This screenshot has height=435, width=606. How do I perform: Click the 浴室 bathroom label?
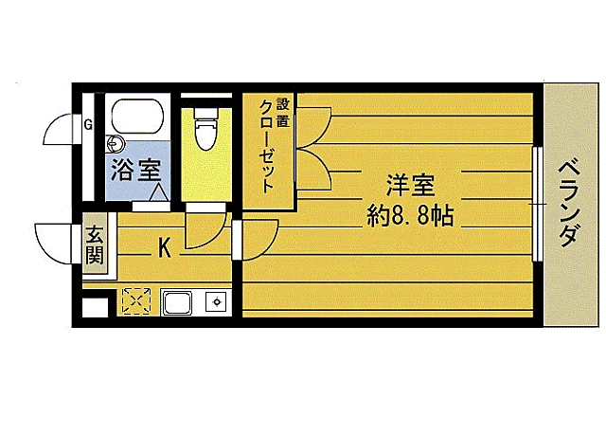pos(135,171)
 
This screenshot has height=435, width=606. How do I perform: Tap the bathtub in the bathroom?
pos(137,116)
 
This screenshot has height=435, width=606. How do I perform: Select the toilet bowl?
pos(206,129)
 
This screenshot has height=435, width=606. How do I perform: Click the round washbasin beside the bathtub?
pos(116,144)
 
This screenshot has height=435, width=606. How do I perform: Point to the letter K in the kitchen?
pos(165,247)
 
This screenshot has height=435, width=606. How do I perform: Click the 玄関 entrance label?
pos(95,245)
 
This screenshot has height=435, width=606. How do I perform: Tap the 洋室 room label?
pos(410,186)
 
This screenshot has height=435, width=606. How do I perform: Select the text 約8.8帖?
pos(410,215)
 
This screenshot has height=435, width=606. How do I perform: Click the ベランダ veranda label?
pos(569,203)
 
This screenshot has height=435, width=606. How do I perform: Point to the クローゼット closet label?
pos(267,146)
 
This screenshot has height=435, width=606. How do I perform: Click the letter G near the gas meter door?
pos(88,125)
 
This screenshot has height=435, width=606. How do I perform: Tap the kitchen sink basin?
pos(178,302)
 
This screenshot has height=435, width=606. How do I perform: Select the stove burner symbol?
pos(217,301)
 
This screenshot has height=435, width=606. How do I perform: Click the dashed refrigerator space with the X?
pos(136,300)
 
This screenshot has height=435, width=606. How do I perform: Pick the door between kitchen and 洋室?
pos(256,240)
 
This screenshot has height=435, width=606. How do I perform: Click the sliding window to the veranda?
pos(537,204)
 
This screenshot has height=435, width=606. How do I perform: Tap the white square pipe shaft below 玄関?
pos(96,308)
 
